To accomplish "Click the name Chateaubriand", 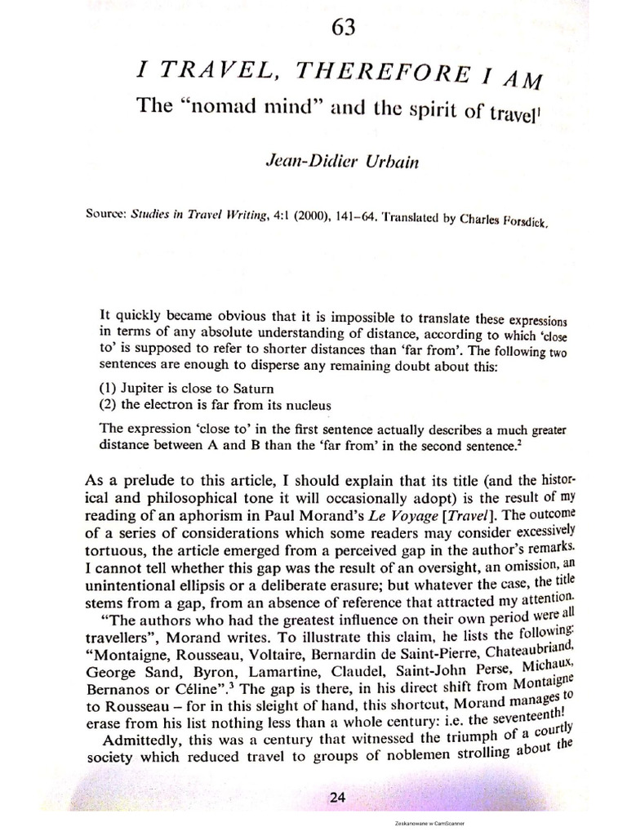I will (528, 647).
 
